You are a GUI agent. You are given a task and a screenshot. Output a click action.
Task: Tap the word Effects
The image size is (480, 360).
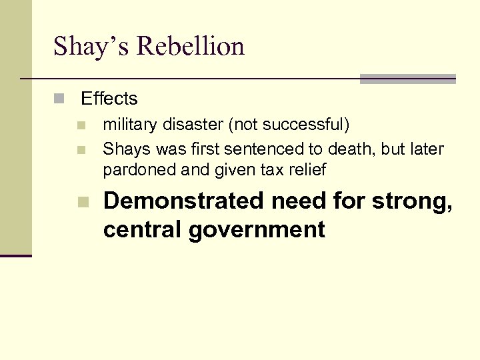[x=109, y=99]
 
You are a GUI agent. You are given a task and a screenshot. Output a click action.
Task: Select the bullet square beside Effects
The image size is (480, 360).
[x=59, y=99]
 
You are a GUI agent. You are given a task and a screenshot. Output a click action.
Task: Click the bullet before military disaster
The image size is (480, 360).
[x=81, y=125]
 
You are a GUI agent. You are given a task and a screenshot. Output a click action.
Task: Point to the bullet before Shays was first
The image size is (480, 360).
[x=81, y=149]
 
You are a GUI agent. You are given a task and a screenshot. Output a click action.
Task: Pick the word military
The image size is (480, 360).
[x=128, y=125]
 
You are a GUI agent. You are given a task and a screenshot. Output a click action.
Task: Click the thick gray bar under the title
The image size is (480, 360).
[x=407, y=79]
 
